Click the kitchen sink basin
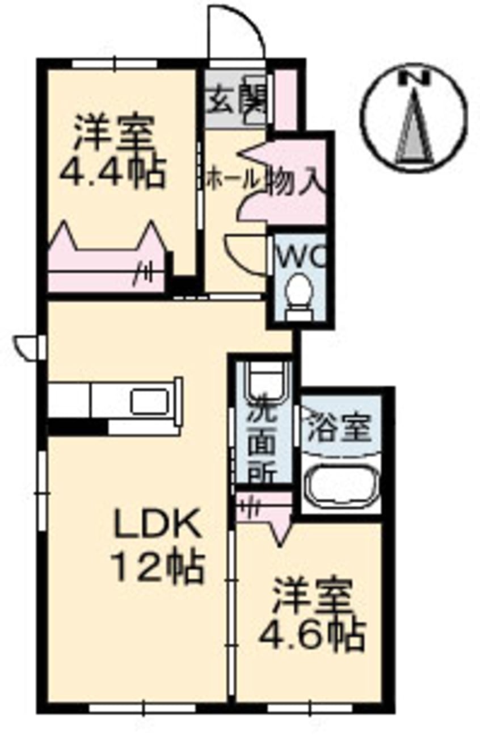click(150, 401)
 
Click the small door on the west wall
click(26, 348)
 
